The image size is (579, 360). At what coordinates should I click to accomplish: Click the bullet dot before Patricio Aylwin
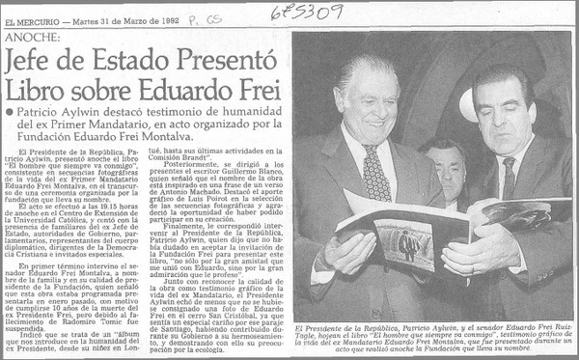click(10, 113)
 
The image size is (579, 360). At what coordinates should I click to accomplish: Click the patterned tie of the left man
click(375, 172)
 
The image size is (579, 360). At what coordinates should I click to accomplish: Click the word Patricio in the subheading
click(41, 113)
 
